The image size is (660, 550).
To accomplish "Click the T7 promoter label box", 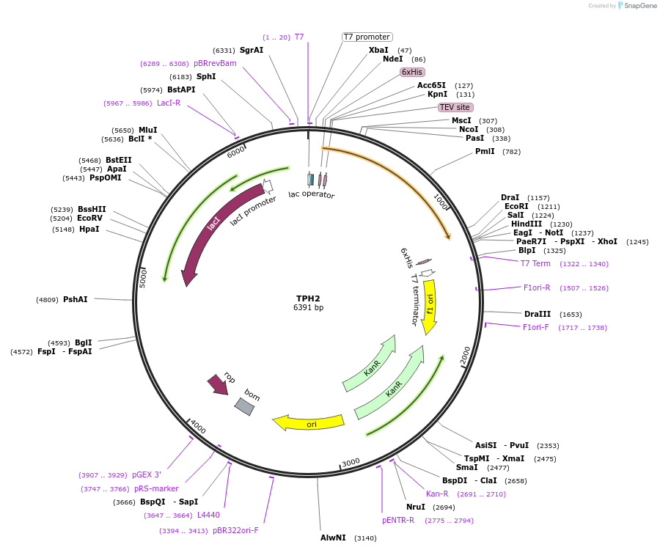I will click(x=367, y=37).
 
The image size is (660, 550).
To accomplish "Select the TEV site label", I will click(x=455, y=107).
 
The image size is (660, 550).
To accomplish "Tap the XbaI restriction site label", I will click(x=378, y=50).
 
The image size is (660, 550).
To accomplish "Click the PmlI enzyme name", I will click(x=485, y=152).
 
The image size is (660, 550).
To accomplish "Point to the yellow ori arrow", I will click(x=309, y=422).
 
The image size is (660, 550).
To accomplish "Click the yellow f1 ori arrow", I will click(x=430, y=305).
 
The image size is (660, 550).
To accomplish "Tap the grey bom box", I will click(x=245, y=406).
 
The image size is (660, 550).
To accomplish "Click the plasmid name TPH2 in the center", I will click(x=308, y=298).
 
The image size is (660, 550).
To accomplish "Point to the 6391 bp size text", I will click(x=308, y=308).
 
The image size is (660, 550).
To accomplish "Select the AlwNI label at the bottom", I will click(x=333, y=538).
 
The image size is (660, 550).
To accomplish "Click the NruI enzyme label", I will click(x=416, y=507).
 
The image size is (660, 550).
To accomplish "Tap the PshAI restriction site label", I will click(x=76, y=299).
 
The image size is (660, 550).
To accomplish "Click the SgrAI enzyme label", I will click(x=251, y=50).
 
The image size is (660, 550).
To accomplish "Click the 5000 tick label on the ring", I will click(x=143, y=277).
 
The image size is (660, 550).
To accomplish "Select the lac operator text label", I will click(x=312, y=195).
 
